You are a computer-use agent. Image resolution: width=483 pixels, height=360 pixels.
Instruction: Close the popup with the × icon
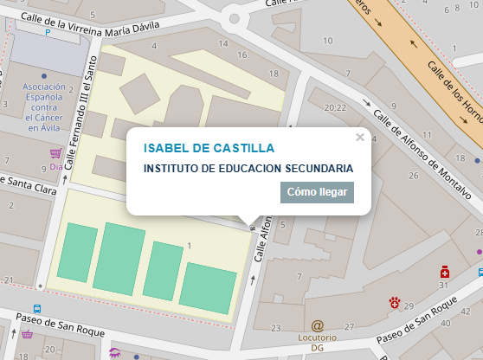360,137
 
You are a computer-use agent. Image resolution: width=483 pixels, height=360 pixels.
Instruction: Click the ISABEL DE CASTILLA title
209,148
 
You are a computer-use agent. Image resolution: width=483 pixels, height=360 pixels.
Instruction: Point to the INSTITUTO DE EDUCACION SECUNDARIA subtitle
248,168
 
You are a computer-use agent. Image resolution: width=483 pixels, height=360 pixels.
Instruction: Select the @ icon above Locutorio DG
317,325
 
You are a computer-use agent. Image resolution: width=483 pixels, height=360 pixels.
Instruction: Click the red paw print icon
395,302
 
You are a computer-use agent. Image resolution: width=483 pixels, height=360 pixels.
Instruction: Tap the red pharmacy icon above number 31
444,271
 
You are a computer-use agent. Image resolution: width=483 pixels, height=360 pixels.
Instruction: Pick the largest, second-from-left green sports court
119,257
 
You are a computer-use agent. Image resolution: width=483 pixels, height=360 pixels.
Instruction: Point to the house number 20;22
334,108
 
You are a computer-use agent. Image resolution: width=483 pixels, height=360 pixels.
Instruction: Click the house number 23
276,328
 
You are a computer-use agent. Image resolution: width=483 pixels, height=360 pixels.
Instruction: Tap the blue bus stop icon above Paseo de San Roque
37,308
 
